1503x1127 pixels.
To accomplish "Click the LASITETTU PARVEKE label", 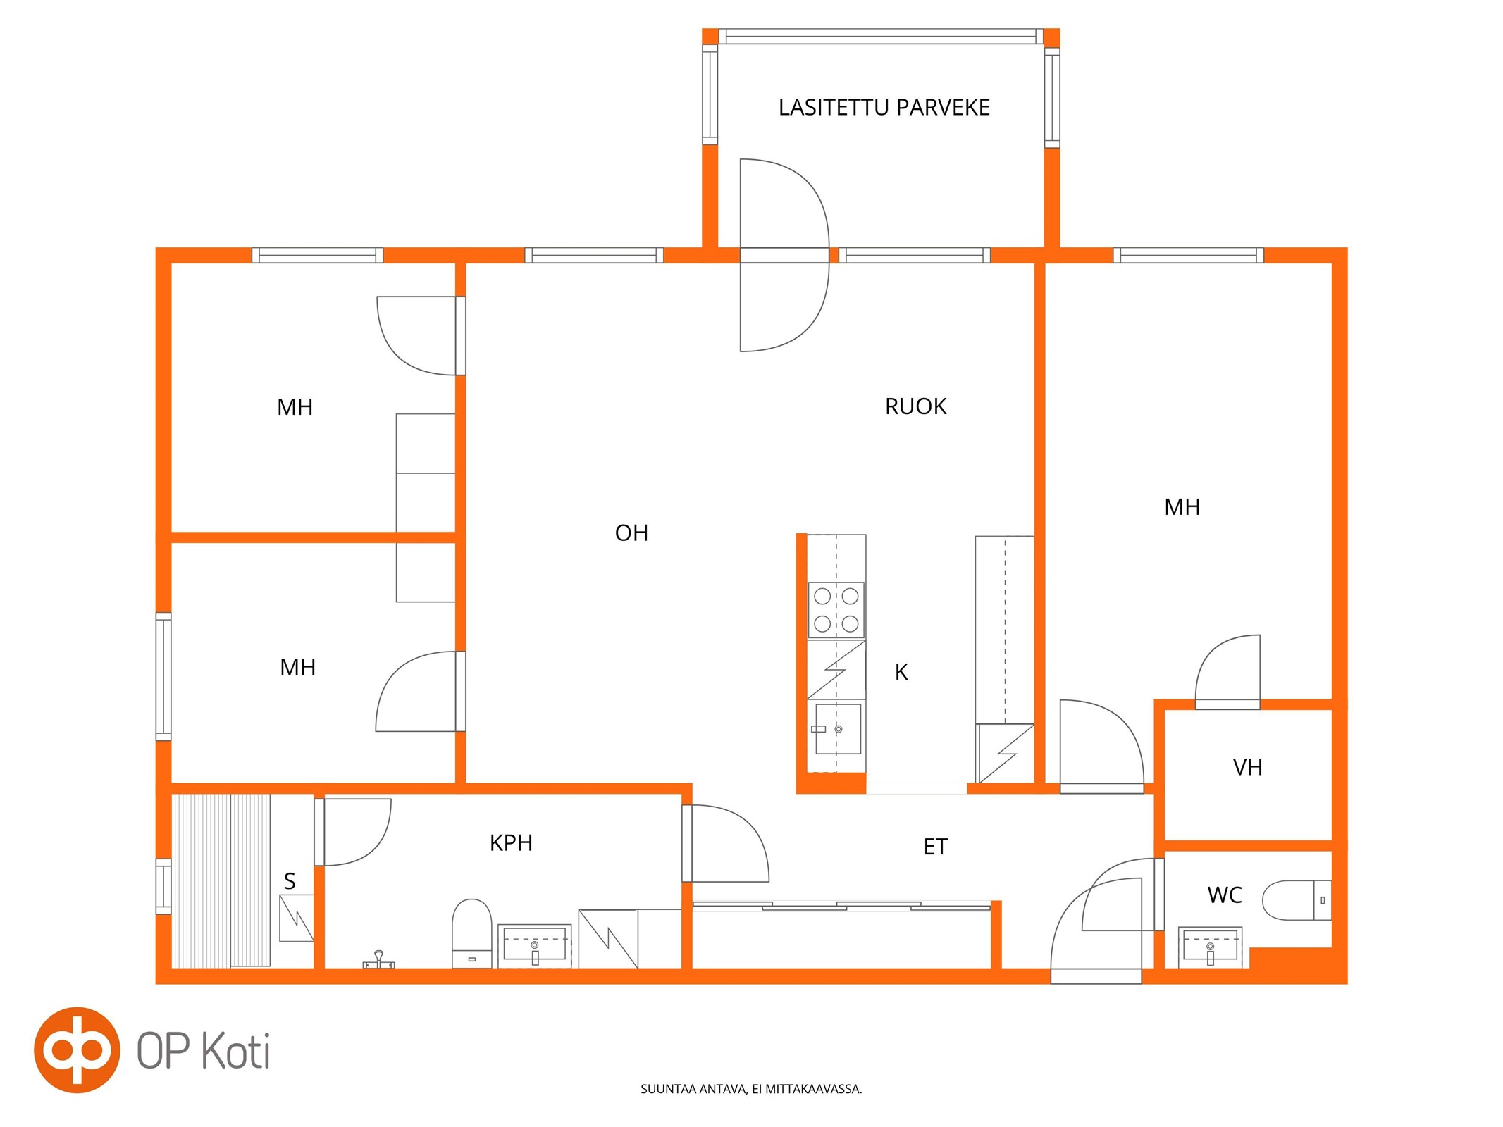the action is [884, 107].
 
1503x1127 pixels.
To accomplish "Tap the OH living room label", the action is [631, 533].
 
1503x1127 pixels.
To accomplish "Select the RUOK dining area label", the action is [915, 406].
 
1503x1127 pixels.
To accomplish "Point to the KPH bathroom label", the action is [511, 842].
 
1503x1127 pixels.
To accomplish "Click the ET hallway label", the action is [935, 847].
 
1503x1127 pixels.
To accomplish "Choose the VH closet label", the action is [1247, 767].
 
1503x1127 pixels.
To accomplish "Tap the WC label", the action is [1225, 895].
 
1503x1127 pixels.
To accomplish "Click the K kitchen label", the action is [901, 672].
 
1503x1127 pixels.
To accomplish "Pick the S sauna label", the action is [290, 880].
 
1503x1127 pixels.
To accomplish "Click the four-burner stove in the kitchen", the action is [836, 610].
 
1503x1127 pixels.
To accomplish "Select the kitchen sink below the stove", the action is [837, 729].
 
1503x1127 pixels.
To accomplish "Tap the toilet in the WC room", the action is [1297, 900].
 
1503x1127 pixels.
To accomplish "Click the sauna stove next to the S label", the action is [297, 918].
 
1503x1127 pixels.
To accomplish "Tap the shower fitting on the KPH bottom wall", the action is [378, 959].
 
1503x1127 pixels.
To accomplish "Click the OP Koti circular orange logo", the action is [77, 1050].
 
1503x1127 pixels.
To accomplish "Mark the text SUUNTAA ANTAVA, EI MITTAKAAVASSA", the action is [751, 1089].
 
